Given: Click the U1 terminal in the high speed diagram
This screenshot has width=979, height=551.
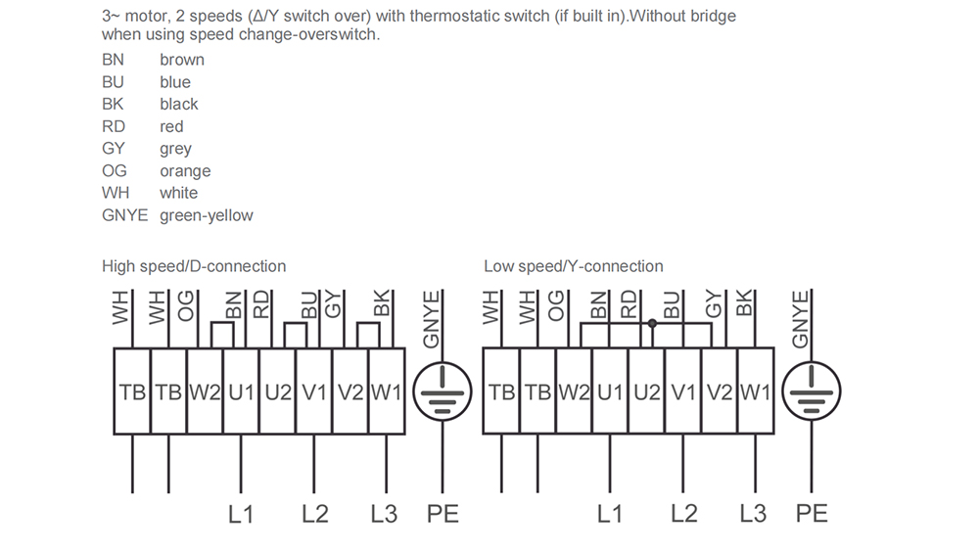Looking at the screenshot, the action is pyautogui.click(x=241, y=391).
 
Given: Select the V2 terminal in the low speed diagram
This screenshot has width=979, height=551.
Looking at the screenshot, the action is pyautogui.click(x=720, y=391).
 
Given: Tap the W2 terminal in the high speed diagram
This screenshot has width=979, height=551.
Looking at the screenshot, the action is pyautogui.click(x=205, y=391).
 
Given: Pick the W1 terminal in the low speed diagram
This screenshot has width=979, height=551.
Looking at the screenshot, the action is pyautogui.click(x=756, y=391).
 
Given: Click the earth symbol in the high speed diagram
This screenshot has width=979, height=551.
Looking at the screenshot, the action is pyautogui.click(x=443, y=391).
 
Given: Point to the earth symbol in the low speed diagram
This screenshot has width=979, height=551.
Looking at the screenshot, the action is pyautogui.click(x=812, y=391).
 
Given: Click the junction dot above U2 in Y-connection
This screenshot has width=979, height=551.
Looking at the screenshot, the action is pyautogui.click(x=652, y=323).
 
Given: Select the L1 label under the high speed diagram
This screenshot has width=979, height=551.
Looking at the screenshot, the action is pyautogui.click(x=241, y=514).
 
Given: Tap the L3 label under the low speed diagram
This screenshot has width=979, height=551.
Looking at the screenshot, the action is pyautogui.click(x=752, y=514).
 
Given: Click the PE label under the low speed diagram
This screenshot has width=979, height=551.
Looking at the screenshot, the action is pyautogui.click(x=812, y=514).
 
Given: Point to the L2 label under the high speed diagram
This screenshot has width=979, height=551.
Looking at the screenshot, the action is pyautogui.click(x=314, y=514).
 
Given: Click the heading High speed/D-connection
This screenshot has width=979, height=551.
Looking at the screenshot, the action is pyautogui.click(x=194, y=266).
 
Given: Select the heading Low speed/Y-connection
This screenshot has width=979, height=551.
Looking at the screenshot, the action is pyautogui.click(x=573, y=266).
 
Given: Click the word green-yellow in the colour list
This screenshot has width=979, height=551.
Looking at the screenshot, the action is pyautogui.click(x=206, y=215).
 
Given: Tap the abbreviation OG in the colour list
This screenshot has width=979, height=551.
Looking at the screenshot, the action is pyautogui.click(x=115, y=170).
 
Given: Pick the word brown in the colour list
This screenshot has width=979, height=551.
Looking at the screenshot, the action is pyautogui.click(x=182, y=60).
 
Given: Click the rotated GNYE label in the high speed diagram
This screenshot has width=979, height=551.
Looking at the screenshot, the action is pyautogui.click(x=432, y=319).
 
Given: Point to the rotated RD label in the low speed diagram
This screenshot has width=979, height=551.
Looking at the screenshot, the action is pyautogui.click(x=629, y=304).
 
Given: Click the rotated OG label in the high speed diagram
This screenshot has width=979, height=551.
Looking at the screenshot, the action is pyautogui.click(x=186, y=305).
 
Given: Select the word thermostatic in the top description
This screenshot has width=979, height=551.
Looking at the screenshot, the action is pyautogui.click(x=450, y=16).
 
